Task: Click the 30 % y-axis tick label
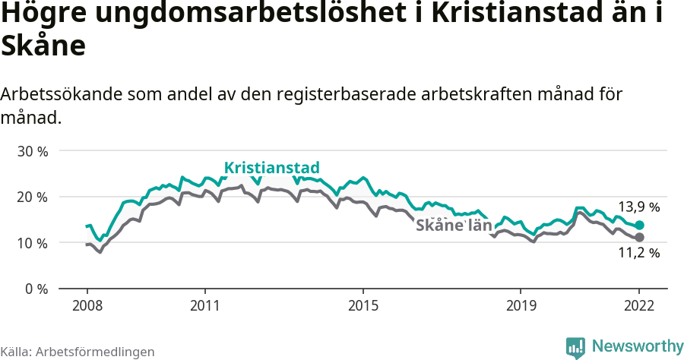pos(33,151)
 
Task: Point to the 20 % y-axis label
pos(33,197)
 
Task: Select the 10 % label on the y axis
pos(33,243)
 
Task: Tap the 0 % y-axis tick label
pos(36,289)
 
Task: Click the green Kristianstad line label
pos(271,168)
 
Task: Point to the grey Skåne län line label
pos(454,226)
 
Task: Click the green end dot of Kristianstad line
pos(640,225)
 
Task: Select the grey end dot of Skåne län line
pos(640,238)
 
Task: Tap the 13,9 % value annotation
pos(639,207)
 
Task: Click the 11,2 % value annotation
pos(639,254)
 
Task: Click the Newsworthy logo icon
pos(575,347)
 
